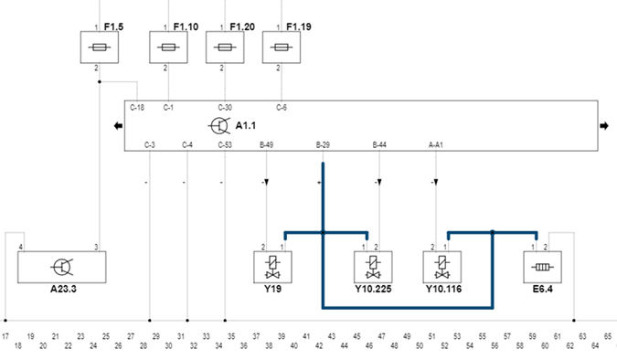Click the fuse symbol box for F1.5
click(100, 48)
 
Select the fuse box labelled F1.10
click(168, 48)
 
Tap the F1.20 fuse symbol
click(225, 48)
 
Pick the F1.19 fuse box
click(282, 48)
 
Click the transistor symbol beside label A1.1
click(219, 125)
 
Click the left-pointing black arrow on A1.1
click(118, 126)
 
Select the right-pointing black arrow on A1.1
click(604, 126)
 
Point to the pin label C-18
click(137, 108)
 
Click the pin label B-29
click(323, 144)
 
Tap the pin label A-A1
click(436, 144)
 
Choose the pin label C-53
click(225, 144)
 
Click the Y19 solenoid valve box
click(272, 267)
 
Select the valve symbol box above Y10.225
click(373, 267)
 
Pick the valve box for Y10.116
click(441, 267)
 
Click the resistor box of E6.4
click(542, 267)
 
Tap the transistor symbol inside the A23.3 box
click(62, 267)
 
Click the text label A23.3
click(63, 289)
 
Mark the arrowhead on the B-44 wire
click(379, 183)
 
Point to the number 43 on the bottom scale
click(331, 336)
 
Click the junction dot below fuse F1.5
click(100, 82)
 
